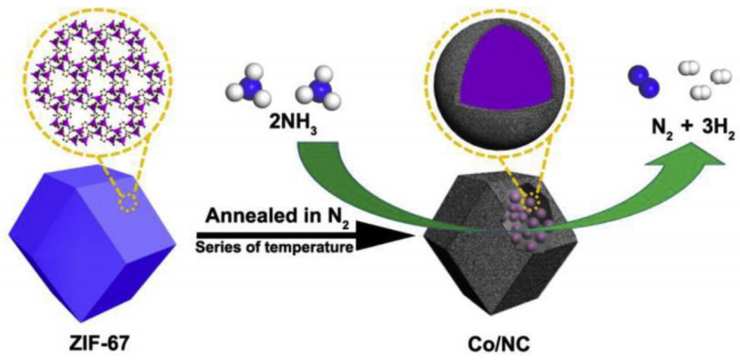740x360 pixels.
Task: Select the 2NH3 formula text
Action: tap(292, 124)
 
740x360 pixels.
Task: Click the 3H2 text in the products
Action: tap(718, 128)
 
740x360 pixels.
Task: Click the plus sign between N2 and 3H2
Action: tap(687, 126)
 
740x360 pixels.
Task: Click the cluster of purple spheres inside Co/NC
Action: tap(528, 224)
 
